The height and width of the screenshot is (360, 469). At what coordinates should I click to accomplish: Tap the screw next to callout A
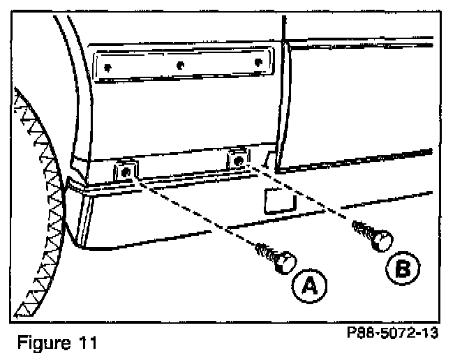tap(273, 257)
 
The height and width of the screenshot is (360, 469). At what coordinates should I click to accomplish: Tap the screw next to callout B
tap(371, 234)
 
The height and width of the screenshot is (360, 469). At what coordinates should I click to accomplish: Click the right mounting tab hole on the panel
tap(239, 161)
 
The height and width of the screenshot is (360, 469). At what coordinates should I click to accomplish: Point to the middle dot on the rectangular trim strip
tap(181, 65)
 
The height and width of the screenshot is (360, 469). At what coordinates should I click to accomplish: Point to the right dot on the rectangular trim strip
tap(258, 63)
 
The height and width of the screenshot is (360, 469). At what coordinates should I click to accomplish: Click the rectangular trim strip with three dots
tap(185, 66)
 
